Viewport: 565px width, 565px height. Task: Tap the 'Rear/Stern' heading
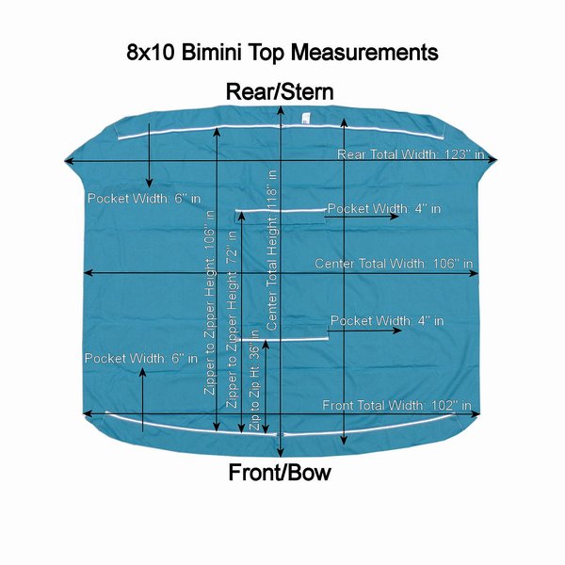(x=280, y=91)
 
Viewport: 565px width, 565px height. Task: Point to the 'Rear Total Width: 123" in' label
(x=411, y=153)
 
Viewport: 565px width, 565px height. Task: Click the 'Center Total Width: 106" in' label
(x=394, y=264)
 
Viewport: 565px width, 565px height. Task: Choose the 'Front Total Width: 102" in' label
(x=396, y=405)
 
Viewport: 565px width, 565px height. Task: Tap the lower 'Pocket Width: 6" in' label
(x=141, y=359)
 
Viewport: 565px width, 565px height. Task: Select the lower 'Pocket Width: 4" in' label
(x=387, y=321)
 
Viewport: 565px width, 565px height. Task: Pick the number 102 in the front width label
(x=442, y=405)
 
